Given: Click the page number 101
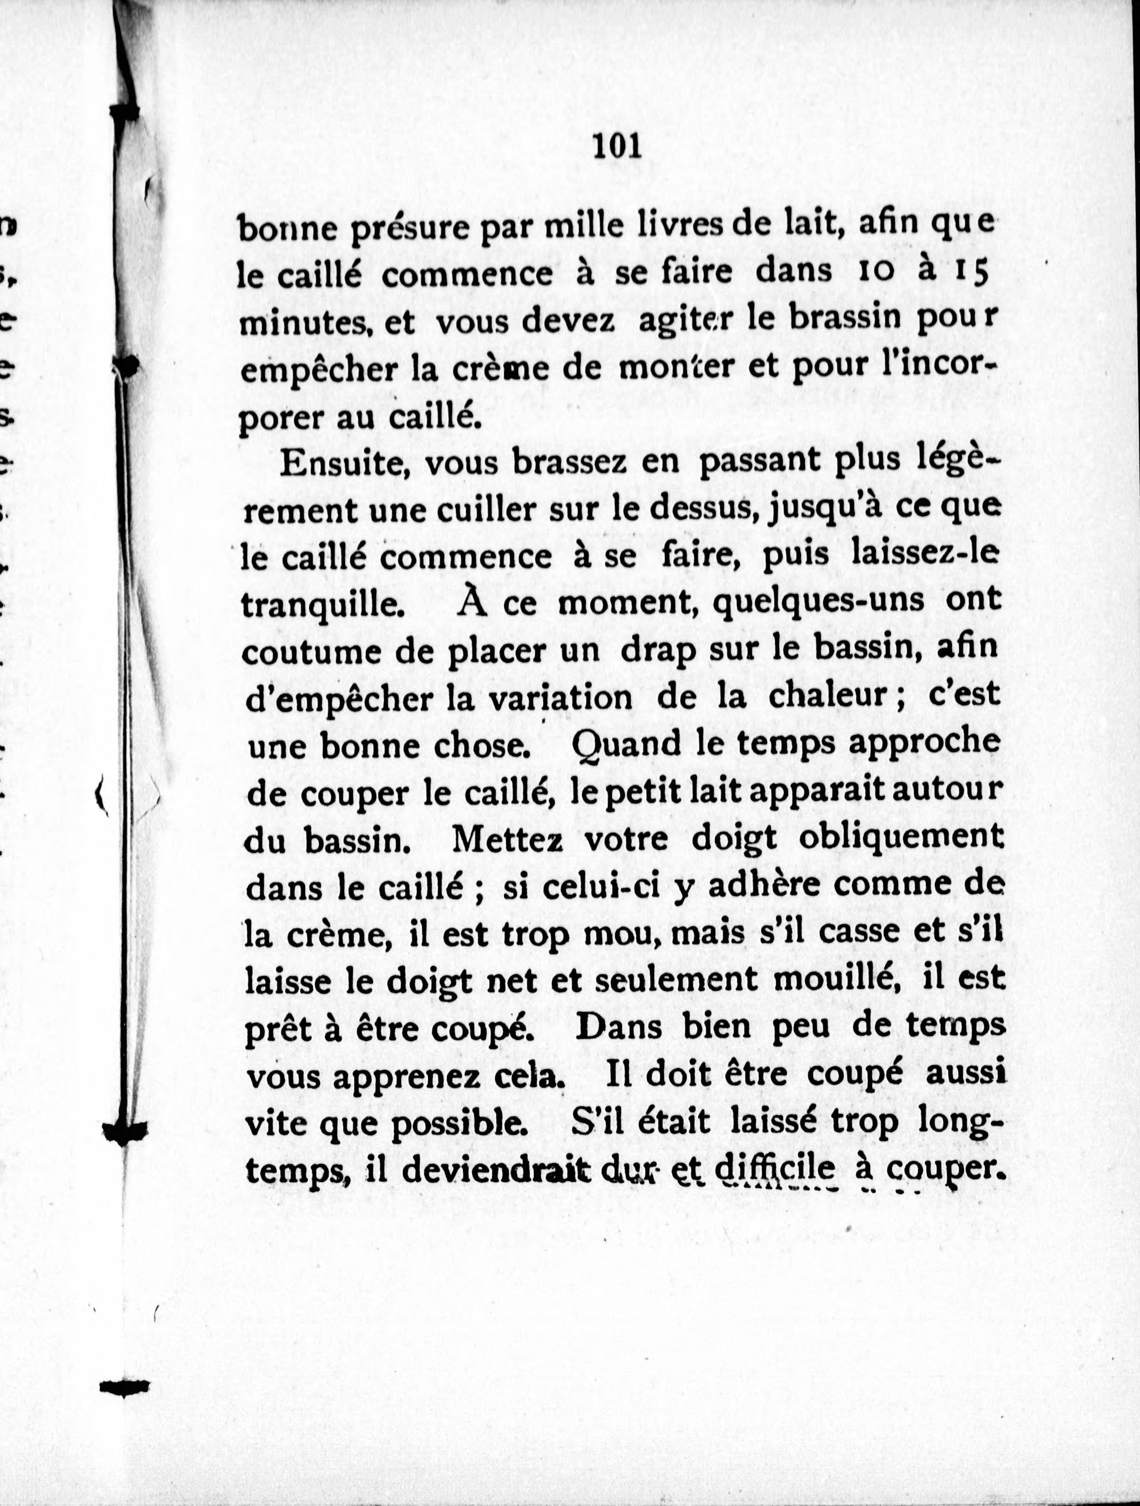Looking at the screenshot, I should pyautogui.click(x=617, y=146).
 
